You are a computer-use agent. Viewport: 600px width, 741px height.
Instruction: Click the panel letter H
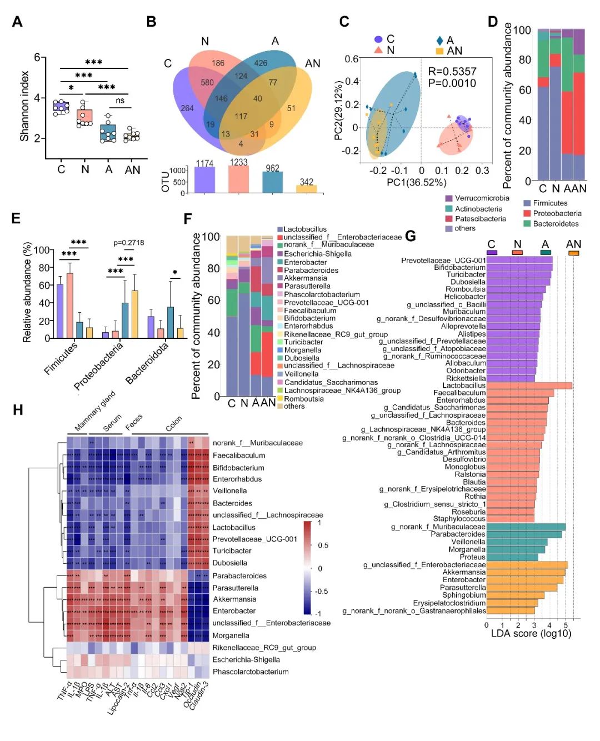(18, 410)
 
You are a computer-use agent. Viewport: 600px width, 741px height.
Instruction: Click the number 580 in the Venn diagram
(207, 82)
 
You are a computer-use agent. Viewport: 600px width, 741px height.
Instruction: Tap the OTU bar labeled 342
(306, 189)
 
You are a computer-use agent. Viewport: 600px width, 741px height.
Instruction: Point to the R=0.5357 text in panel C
(452, 71)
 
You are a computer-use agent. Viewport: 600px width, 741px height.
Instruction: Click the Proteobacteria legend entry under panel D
(552, 213)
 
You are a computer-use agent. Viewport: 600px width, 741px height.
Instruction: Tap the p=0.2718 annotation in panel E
(128, 243)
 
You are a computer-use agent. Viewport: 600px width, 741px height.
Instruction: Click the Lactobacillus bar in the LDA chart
(529, 385)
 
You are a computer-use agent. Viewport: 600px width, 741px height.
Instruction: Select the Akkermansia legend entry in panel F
(305, 278)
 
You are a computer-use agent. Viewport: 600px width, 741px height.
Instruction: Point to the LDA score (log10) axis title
(531, 634)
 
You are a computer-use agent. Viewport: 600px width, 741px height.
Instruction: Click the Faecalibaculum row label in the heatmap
(239, 455)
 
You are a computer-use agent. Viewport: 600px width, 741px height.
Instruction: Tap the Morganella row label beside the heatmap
(231, 635)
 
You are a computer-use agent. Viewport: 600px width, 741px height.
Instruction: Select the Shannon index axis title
(24, 106)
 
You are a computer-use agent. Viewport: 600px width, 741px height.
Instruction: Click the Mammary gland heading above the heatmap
(94, 411)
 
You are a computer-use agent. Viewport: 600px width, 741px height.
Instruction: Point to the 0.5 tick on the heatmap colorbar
(323, 545)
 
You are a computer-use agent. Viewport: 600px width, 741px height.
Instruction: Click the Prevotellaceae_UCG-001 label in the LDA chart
(443, 260)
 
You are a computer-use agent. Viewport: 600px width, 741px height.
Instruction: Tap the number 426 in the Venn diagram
(261, 63)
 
